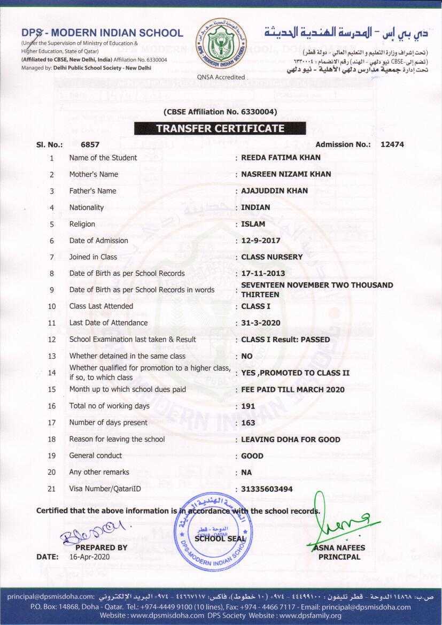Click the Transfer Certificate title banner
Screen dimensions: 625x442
click(x=220, y=128)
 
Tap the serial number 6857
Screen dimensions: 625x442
click(x=90, y=144)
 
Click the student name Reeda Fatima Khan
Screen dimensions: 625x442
click(x=281, y=158)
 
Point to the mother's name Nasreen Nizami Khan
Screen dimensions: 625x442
click(x=286, y=174)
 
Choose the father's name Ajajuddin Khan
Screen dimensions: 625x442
click(x=274, y=191)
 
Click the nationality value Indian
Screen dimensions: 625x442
click(x=255, y=207)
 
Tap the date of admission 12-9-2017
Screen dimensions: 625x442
click(x=260, y=241)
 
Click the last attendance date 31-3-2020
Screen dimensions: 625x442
click(x=260, y=323)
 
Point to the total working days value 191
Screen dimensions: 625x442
click(x=248, y=406)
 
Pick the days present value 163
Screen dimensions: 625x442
click(x=248, y=423)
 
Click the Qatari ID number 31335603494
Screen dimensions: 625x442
click(x=267, y=489)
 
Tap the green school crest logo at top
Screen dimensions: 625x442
click(x=221, y=44)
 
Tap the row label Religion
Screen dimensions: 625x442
click(x=82, y=224)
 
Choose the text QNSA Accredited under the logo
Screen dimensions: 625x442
click(x=221, y=77)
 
